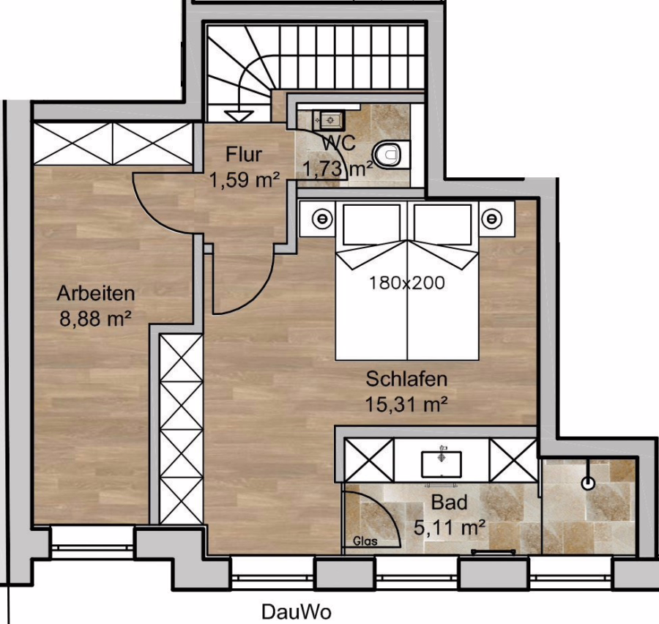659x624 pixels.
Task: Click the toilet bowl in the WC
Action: point(391,154)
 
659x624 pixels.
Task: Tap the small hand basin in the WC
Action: point(329,120)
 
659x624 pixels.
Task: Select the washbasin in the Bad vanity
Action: point(442,464)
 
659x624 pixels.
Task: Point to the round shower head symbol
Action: point(589,483)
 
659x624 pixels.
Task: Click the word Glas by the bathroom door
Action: point(365,541)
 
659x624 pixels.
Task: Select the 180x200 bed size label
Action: point(407,283)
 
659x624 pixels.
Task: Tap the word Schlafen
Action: point(406,379)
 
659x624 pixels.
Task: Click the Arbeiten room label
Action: point(96,293)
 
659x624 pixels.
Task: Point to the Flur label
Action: point(244,154)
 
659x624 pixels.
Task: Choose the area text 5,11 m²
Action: point(450,527)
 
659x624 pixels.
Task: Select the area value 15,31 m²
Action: point(406,404)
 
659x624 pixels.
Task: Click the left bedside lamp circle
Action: point(322,219)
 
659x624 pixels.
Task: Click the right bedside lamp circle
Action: point(492,219)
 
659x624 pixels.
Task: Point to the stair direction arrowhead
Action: point(239,116)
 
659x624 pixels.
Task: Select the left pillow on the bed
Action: point(371,224)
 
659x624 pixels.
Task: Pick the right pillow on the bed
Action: point(443,224)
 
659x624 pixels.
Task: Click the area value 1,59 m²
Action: point(245,180)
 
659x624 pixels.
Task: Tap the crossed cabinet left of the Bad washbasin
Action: point(369,460)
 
